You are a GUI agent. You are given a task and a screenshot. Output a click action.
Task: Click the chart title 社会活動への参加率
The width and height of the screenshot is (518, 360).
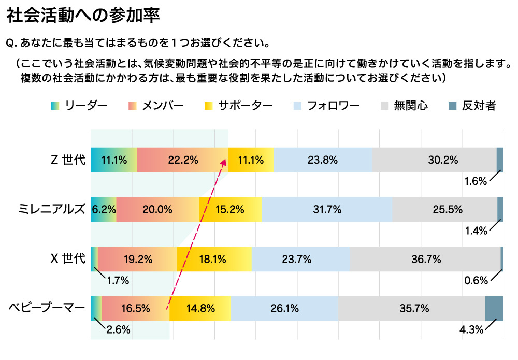83,15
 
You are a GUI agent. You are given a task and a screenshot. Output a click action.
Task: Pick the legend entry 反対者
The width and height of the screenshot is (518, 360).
472,106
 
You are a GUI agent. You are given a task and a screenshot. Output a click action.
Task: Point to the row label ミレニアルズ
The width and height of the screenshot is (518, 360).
51,209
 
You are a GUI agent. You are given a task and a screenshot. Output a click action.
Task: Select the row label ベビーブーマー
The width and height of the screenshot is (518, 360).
47,308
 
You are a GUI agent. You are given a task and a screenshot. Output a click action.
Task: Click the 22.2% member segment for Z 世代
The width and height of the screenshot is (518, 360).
182,160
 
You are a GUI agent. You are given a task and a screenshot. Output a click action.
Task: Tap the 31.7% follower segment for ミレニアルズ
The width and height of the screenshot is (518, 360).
327,209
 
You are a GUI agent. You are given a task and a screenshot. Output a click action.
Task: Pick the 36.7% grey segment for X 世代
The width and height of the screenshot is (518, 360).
425,259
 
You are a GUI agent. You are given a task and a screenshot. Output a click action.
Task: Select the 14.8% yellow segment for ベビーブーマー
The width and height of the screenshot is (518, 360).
200,309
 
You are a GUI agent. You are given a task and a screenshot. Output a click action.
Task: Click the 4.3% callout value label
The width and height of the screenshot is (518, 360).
472,329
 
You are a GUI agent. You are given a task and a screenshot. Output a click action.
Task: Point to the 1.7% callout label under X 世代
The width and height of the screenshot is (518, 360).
118,281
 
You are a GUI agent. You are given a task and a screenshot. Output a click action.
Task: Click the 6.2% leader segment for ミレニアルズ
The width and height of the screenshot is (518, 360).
103,209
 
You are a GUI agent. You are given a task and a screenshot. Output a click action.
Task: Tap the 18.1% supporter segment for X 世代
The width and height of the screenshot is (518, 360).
214,259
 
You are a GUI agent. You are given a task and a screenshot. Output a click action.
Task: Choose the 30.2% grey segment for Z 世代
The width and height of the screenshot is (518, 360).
434,160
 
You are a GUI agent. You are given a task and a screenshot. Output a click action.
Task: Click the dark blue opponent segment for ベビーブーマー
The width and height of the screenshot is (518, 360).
494,309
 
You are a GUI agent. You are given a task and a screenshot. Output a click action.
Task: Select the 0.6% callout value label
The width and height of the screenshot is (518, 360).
476,281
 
